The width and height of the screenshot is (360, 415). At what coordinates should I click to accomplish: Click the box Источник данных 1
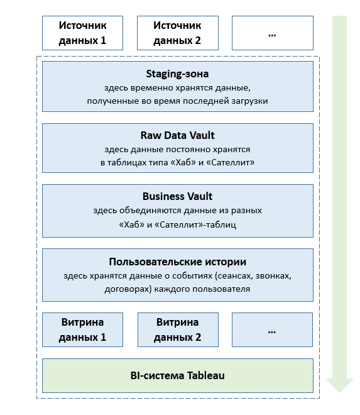[x=82, y=33]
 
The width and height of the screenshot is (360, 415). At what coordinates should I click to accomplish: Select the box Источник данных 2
[x=178, y=33]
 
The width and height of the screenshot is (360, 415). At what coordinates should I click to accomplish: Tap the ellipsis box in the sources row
[x=273, y=33]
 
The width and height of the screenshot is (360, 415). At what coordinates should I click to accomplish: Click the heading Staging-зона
[x=177, y=74]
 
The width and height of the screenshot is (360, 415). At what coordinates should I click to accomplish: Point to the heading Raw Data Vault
[x=178, y=135]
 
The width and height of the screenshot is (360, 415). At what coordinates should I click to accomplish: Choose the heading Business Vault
[x=178, y=196]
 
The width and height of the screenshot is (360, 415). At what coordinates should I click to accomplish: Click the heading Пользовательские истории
[x=178, y=262]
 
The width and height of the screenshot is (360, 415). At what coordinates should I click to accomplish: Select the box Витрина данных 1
[x=82, y=329]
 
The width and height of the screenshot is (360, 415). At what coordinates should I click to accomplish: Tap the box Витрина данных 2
[x=178, y=329]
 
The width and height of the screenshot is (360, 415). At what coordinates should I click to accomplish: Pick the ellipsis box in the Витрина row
[x=272, y=329]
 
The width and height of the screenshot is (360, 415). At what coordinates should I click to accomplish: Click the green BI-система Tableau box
[x=178, y=375]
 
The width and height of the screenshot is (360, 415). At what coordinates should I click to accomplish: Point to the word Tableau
[x=206, y=375]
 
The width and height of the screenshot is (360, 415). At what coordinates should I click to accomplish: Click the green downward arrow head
[x=339, y=385]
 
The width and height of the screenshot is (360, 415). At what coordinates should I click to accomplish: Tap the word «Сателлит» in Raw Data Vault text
[x=230, y=162]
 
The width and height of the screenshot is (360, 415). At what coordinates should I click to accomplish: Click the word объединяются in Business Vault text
[x=150, y=211]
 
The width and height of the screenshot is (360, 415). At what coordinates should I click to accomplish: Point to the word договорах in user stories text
[x=128, y=289]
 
